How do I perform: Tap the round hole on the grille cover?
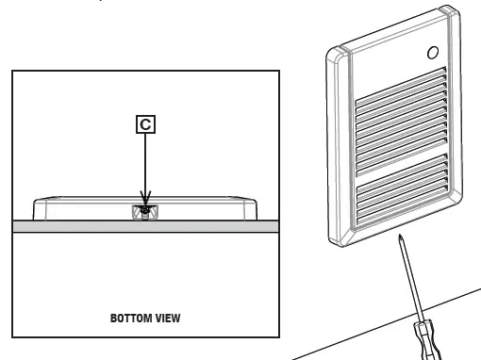(433, 54)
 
